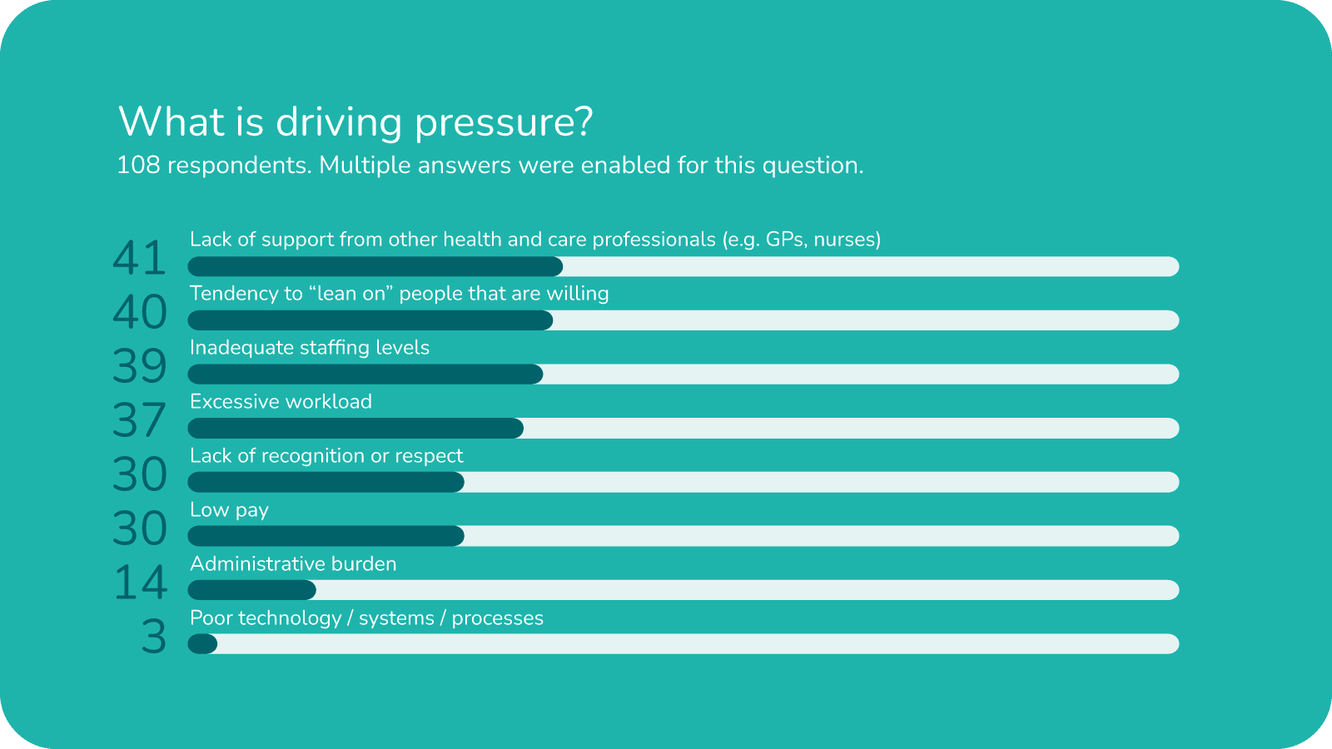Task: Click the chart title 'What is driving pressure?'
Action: coord(355,122)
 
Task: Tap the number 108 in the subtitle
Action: coord(138,165)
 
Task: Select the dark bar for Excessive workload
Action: coord(355,429)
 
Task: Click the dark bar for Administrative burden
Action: coord(251,590)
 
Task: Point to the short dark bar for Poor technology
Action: coord(202,644)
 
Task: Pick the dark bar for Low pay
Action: coord(326,536)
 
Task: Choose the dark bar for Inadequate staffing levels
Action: coord(365,374)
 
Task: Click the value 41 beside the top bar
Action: coord(140,258)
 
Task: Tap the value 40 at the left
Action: coord(140,312)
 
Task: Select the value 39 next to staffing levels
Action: coord(140,366)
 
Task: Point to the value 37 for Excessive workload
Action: coord(140,420)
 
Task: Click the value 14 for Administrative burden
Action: coord(140,583)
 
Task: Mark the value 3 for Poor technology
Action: coord(153,637)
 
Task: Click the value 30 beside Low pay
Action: coord(140,528)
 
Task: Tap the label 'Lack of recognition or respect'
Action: coord(326,456)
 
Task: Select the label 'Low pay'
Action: coord(229,510)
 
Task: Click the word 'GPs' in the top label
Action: coord(785,240)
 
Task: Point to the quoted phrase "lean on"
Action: coord(350,294)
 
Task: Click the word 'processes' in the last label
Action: coord(497,618)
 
